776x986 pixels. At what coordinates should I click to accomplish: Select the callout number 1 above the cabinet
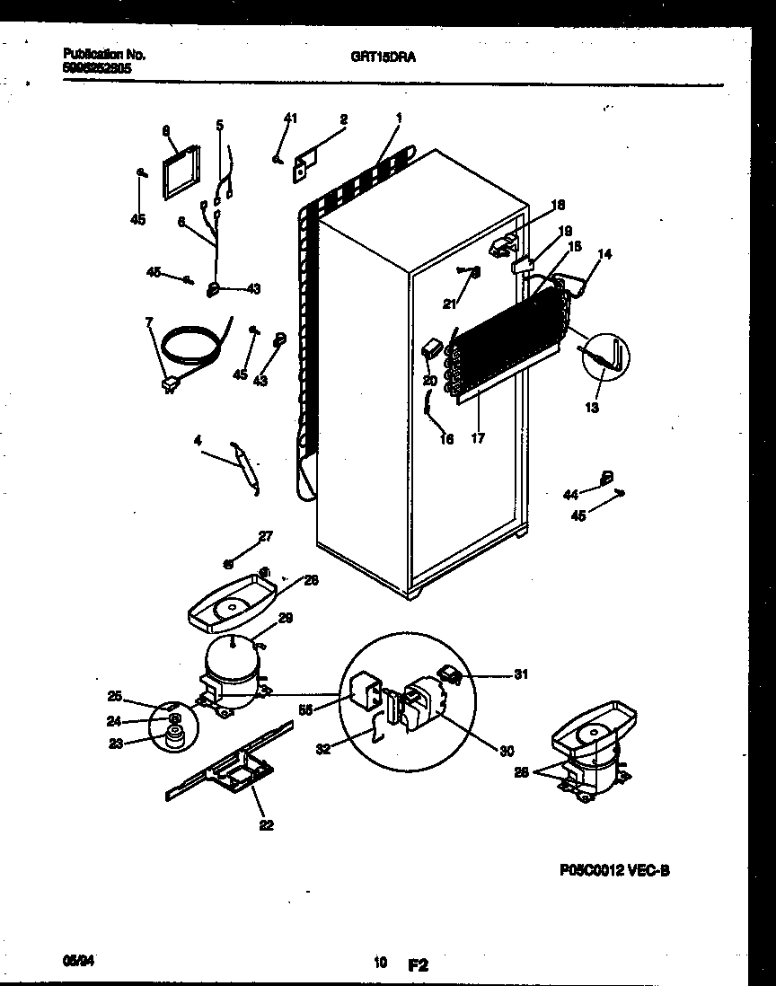point(398,118)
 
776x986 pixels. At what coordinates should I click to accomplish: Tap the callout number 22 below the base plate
point(266,826)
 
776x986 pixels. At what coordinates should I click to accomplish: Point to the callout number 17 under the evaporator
point(478,439)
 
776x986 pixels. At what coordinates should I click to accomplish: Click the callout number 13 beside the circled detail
point(592,408)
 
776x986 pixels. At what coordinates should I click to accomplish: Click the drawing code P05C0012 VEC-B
point(614,869)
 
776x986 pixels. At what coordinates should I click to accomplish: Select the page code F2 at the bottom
point(418,966)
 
